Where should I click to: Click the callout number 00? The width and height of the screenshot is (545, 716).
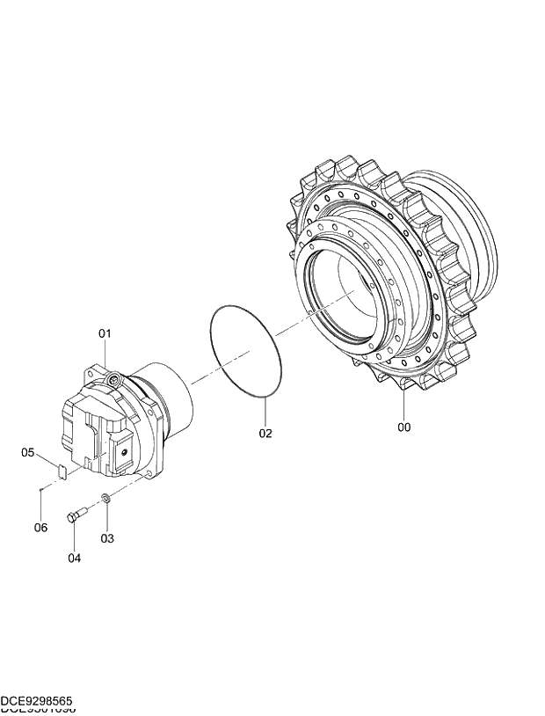(403, 427)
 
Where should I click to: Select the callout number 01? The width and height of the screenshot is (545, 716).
(105, 333)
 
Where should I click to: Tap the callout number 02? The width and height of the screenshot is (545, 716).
(265, 433)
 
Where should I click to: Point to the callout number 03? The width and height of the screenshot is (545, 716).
(106, 537)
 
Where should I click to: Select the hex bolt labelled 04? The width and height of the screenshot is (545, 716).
(76, 515)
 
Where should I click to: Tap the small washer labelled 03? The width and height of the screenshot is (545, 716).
(105, 499)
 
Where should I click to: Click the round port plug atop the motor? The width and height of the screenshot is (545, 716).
(113, 379)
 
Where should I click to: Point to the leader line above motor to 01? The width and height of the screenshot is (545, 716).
(105, 355)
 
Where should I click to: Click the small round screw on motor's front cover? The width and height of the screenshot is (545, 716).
(126, 452)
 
